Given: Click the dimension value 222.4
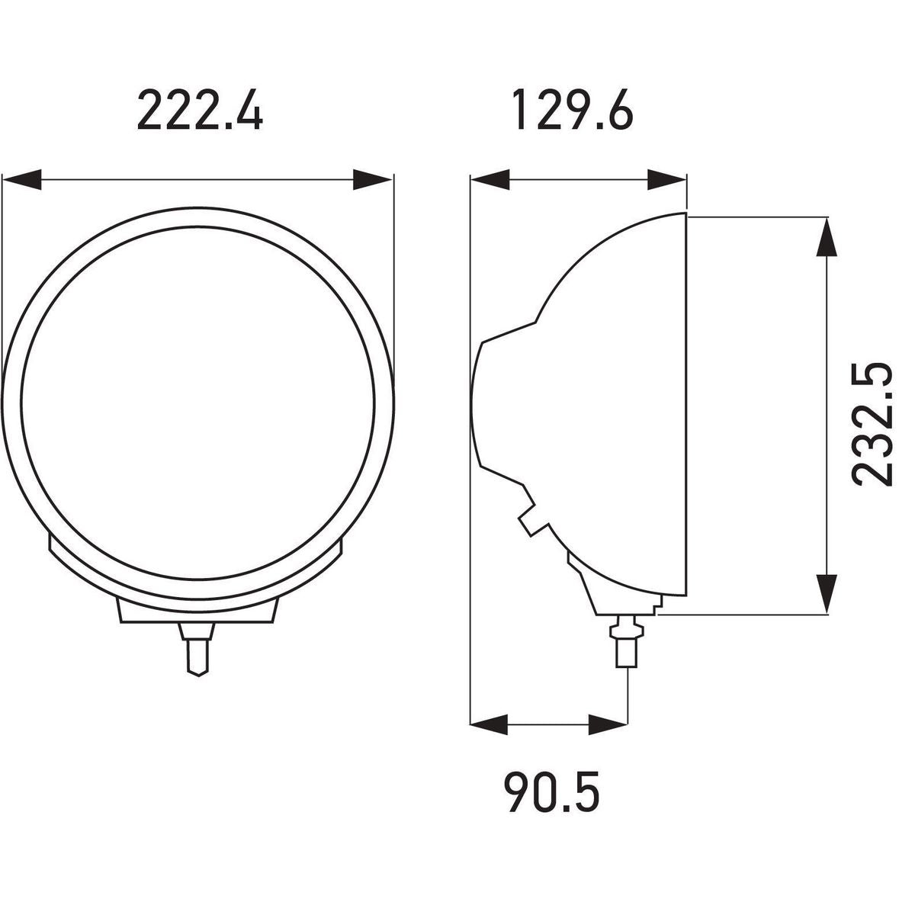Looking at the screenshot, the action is tap(200, 110).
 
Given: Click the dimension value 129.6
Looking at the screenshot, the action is tap(573, 110).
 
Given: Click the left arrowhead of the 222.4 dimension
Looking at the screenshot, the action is tap(22, 180).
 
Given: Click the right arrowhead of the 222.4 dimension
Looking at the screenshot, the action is tap(373, 180).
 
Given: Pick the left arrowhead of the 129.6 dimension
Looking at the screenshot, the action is tap(490, 180).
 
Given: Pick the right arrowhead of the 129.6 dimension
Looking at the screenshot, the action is tap(667, 180).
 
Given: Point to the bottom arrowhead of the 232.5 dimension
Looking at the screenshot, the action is tap(827, 594).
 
